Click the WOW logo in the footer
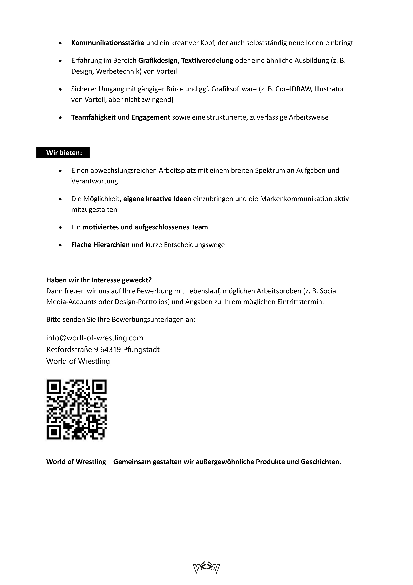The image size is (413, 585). [x=206, y=568]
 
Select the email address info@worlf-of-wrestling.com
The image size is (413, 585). [x=95, y=338]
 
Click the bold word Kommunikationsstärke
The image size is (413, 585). [x=108, y=43]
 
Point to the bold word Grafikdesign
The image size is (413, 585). [x=158, y=61]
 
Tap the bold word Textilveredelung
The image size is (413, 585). [x=207, y=61]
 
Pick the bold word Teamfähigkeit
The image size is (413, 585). [x=93, y=117]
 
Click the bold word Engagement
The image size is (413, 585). [x=151, y=117]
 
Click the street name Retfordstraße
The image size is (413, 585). [x=69, y=350]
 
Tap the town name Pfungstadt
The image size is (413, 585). [x=141, y=350]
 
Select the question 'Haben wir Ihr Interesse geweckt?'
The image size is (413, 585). [x=99, y=280]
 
